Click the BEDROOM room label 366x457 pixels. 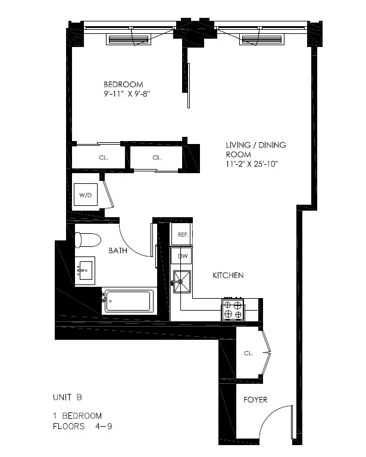click(123, 84)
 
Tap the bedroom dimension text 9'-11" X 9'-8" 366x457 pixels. click(125, 93)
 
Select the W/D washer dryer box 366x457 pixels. click(84, 195)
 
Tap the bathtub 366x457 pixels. click(129, 301)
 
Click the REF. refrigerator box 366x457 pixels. click(183, 234)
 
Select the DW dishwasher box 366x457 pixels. click(182, 256)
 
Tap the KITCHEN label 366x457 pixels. click(229, 276)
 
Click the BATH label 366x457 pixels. click(118, 251)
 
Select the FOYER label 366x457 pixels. click(255, 400)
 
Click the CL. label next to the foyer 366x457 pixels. click(248, 353)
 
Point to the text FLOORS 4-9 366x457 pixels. click(77, 426)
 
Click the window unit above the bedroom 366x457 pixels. click(128, 39)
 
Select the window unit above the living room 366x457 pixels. click(262, 39)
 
